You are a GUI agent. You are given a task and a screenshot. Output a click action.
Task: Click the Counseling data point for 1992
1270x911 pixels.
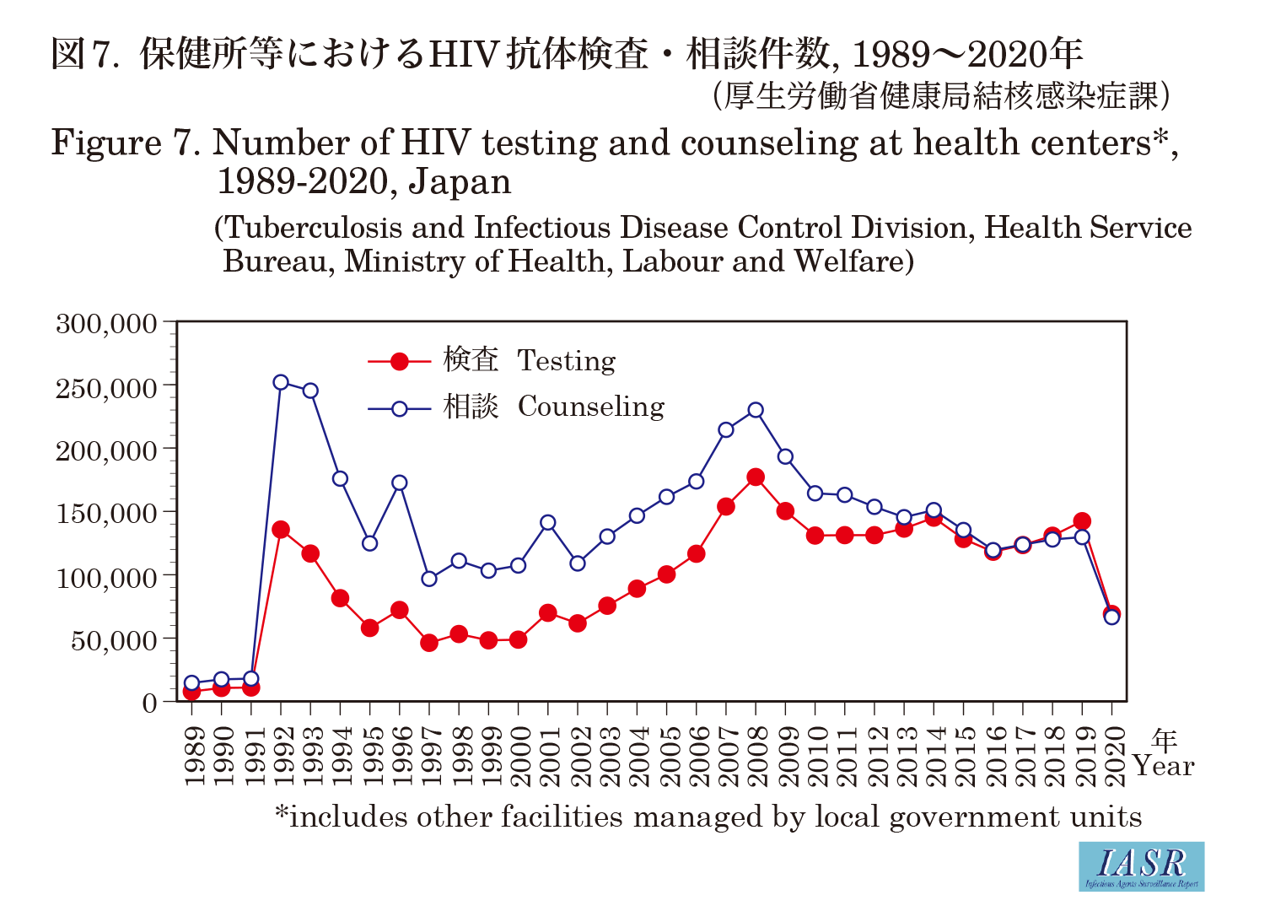[281, 382]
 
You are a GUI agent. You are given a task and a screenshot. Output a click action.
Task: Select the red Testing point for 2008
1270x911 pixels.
[756, 477]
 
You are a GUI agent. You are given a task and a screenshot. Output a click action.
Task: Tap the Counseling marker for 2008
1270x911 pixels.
[756, 410]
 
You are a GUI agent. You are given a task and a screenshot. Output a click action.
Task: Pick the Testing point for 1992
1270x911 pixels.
[281, 530]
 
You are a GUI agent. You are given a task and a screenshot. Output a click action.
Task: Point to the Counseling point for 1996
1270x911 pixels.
[400, 483]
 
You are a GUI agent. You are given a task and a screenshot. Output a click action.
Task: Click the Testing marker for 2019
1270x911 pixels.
[1082, 521]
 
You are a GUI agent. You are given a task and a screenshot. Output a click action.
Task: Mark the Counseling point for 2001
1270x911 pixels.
[548, 523]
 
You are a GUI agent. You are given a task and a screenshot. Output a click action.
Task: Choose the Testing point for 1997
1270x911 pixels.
[429, 643]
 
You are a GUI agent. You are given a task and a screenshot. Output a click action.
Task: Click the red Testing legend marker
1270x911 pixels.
[400, 362]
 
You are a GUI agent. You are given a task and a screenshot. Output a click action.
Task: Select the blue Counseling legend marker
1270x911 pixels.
[400, 409]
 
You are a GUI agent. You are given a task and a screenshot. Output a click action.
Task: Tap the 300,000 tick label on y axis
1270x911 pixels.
[107, 324]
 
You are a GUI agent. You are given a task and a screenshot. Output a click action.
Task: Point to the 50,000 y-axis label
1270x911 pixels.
[114, 641]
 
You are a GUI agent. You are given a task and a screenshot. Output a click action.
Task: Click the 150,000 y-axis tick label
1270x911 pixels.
[107, 514]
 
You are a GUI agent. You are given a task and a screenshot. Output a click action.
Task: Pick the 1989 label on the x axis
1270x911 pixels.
[193, 756]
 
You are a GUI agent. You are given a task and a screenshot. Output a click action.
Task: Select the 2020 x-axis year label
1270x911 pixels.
[1112, 756]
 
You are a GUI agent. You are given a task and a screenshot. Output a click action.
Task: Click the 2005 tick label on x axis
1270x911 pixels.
[667, 756]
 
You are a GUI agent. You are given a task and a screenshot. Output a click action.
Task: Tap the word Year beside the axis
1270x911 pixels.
[1164, 767]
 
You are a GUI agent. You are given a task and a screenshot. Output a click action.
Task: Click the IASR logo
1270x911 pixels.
[1142, 866]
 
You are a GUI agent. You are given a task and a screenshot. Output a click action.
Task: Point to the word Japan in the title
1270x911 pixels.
[460, 182]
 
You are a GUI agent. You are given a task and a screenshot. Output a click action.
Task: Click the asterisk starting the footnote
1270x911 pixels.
[282, 814]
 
